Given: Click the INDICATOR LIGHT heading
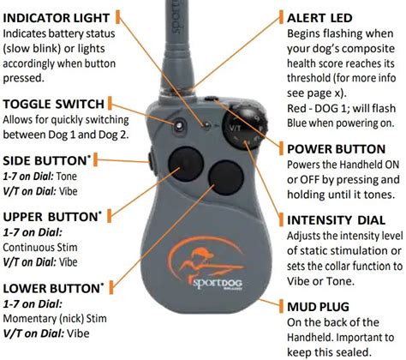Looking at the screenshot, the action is coord(56,18).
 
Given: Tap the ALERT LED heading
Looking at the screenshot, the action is coord(319,18).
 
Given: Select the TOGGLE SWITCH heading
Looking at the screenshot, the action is coord(53,104).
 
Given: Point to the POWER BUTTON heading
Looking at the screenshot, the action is coord(336,149).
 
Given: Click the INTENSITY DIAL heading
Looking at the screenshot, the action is coord(336,220).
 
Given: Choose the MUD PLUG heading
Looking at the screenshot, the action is coord(318,307).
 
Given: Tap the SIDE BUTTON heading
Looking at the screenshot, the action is coord(45,160).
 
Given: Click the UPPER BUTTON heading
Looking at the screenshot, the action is coord(51,217).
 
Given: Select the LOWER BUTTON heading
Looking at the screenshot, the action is coord(51,288).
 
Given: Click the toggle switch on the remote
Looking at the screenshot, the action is coord(179,125).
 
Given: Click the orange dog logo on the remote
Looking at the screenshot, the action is coord(203,260).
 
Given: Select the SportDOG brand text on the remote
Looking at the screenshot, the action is coord(218,284).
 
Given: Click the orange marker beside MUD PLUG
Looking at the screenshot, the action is coord(281,306).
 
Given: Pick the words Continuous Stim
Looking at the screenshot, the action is coord(40,247).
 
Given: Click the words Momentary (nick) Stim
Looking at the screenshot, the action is coord(55,319).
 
